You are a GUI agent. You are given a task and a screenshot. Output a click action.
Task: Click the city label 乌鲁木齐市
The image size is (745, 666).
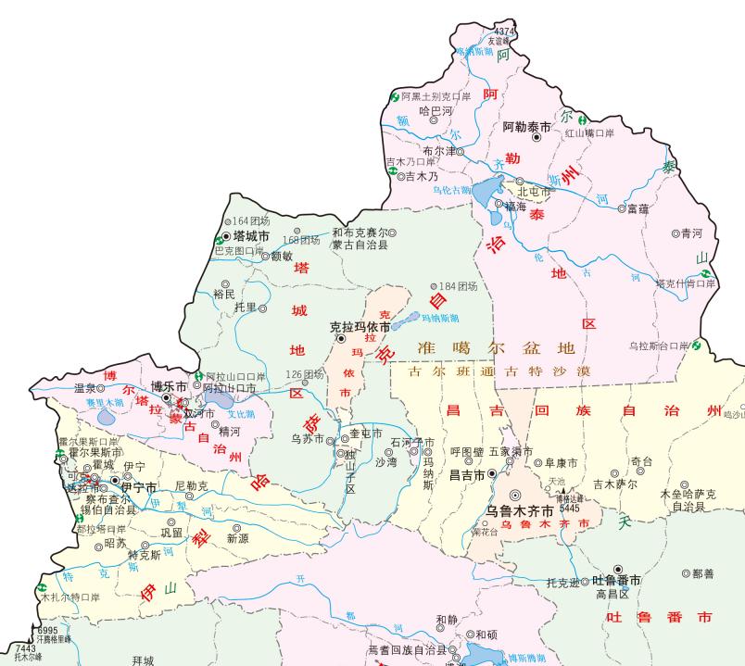520,510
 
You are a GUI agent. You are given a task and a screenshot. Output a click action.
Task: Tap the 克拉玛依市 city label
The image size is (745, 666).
360,327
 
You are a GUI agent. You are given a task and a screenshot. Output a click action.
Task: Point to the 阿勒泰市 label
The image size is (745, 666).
526,126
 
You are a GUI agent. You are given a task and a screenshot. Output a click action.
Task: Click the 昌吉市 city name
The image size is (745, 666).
467,475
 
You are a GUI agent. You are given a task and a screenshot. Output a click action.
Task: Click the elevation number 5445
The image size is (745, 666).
570,508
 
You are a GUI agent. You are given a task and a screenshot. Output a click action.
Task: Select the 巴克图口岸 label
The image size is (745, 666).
240,250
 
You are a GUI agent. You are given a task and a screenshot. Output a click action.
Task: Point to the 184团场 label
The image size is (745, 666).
458,286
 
